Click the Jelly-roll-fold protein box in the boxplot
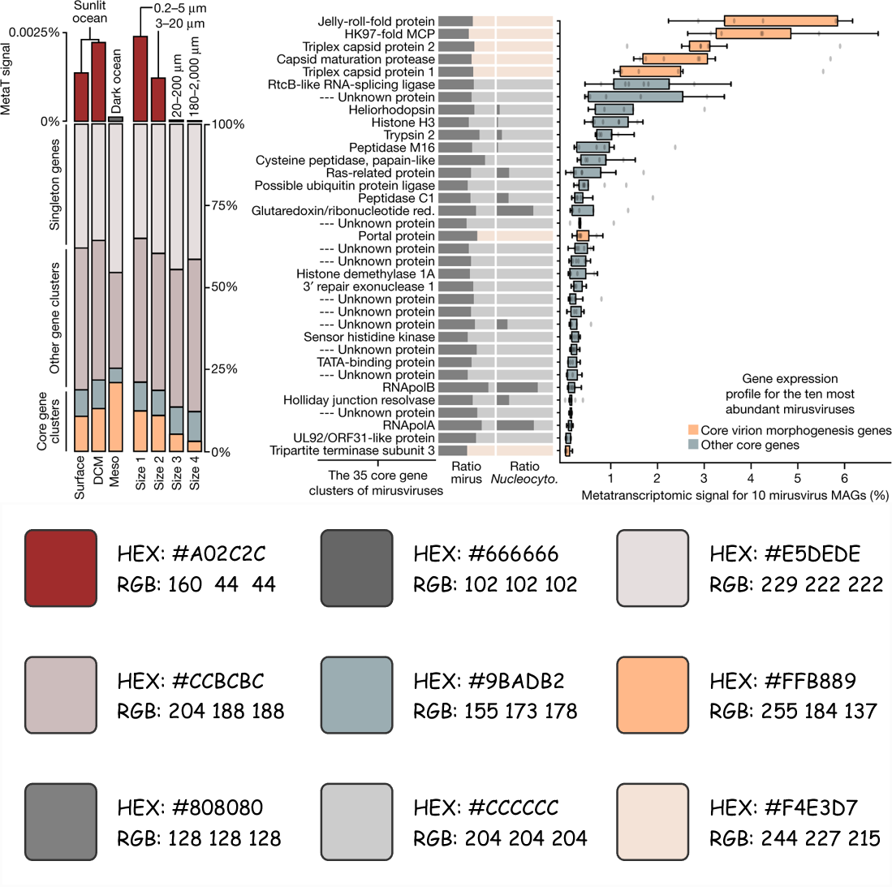pyautogui.click(x=781, y=21)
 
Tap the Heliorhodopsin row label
pyautogui.click(x=391, y=110)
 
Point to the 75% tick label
pyautogui.click(x=225, y=206)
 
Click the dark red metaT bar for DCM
pyautogui.click(x=98, y=80)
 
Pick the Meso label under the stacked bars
pyautogui.click(x=114, y=471)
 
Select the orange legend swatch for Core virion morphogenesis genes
pyautogui.click(x=692, y=430)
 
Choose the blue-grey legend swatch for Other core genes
pyautogui.click(x=692, y=445)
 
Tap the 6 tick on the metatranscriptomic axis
pyautogui.click(x=844, y=478)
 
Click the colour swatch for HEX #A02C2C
pyautogui.click(x=61, y=566)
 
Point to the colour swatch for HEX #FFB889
pyautogui.click(x=653, y=692)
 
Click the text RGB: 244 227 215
pyautogui.click(x=795, y=837)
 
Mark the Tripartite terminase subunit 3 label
pyautogui.click(x=352, y=450)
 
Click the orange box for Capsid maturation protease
pyautogui.click(x=674, y=59)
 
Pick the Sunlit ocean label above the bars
pyautogui.click(x=89, y=12)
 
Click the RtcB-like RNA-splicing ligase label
pyautogui.click(x=351, y=84)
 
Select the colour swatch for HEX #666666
pyautogui.click(x=356, y=566)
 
